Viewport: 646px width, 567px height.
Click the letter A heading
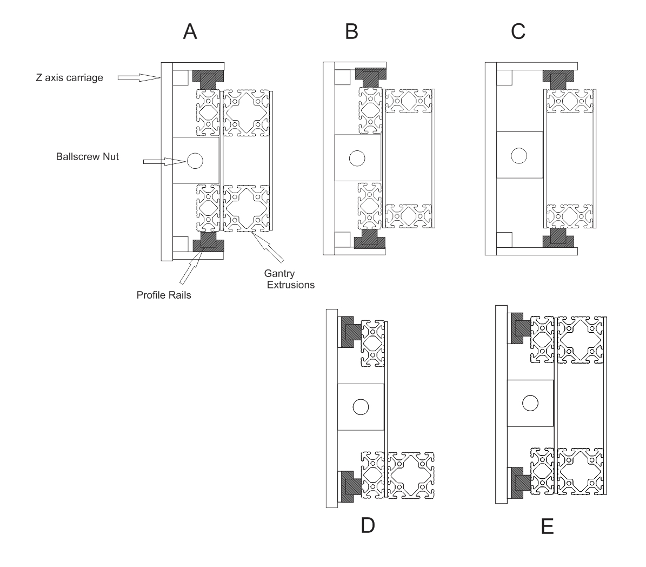pyautogui.click(x=190, y=32)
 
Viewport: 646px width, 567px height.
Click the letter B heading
pyautogui.click(x=351, y=32)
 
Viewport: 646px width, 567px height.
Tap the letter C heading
pyautogui.click(x=518, y=32)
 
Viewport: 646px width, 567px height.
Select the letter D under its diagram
pyautogui.click(x=368, y=525)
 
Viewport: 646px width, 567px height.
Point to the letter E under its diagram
pyautogui.click(x=547, y=526)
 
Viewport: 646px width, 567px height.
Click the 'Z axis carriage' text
pyautogui.click(x=66, y=77)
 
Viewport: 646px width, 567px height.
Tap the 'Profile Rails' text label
pyautogui.click(x=164, y=295)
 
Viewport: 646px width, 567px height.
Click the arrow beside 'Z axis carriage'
pyautogui.click(x=138, y=77)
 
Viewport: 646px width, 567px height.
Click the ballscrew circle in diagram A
pyautogui.click(x=195, y=160)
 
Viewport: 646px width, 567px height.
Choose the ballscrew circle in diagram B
pyautogui.click(x=357, y=158)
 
